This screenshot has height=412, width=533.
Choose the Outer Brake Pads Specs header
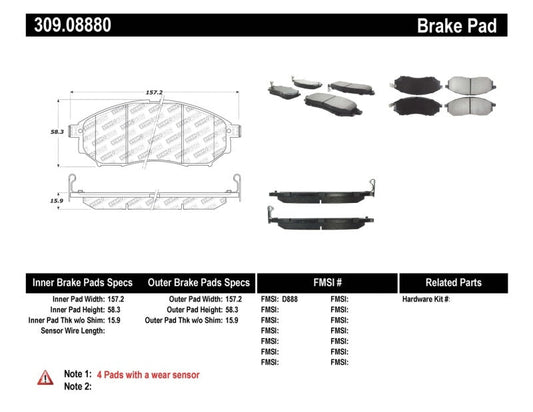(x=198, y=283)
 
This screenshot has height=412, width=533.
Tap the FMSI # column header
(x=327, y=283)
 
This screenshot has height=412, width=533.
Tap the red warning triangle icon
(x=46, y=377)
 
